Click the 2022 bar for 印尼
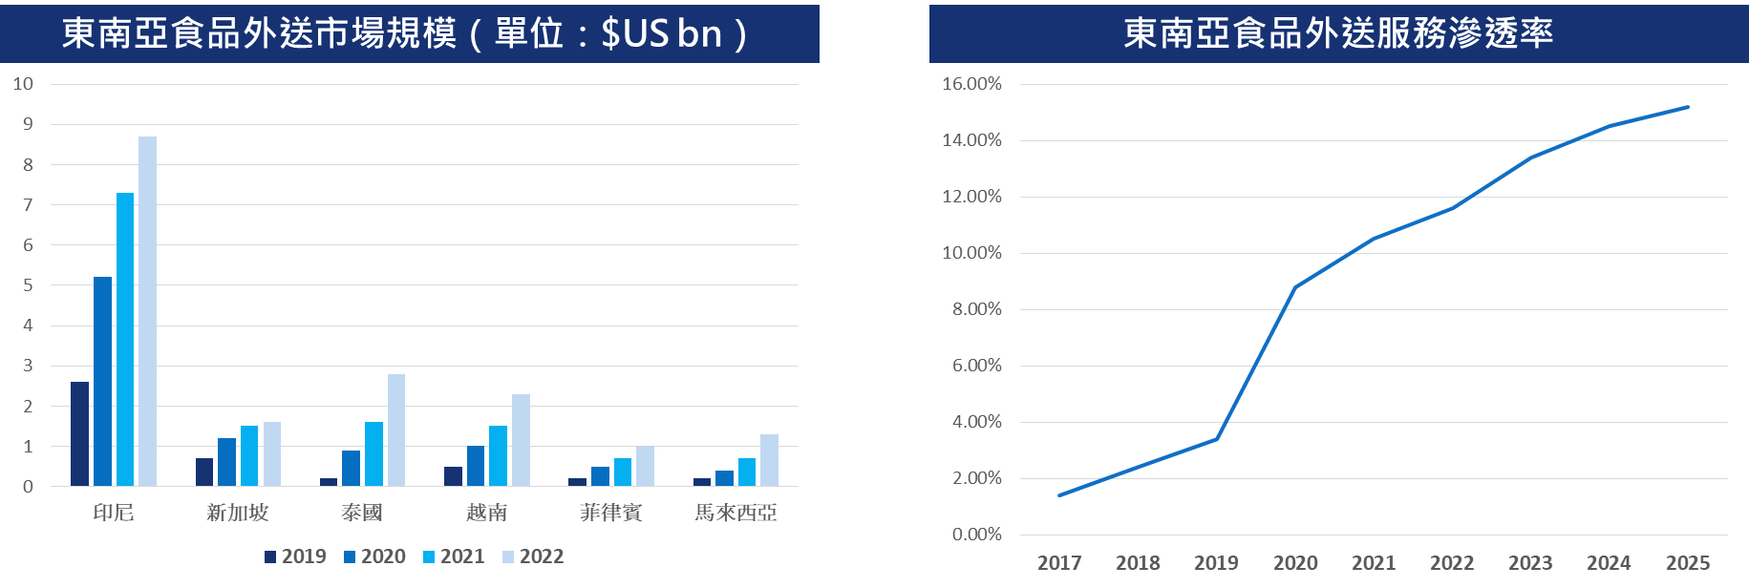(x=147, y=311)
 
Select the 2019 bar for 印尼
(x=79, y=434)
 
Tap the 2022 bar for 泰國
(x=396, y=430)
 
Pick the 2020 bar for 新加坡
(x=226, y=463)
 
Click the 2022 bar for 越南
(x=521, y=440)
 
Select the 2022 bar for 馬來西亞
(x=769, y=461)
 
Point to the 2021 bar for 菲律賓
(x=623, y=472)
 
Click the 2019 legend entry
(x=296, y=556)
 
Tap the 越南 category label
(x=486, y=514)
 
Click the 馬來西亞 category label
(x=736, y=514)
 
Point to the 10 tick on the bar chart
(x=23, y=84)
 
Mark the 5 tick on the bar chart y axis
(x=28, y=285)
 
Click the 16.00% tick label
(x=971, y=84)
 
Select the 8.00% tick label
(x=976, y=309)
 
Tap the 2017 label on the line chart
(x=1059, y=563)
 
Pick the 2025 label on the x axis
(x=1688, y=563)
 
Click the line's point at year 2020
(x=1295, y=287)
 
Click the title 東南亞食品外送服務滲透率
(x=1338, y=33)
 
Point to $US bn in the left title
(x=661, y=33)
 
